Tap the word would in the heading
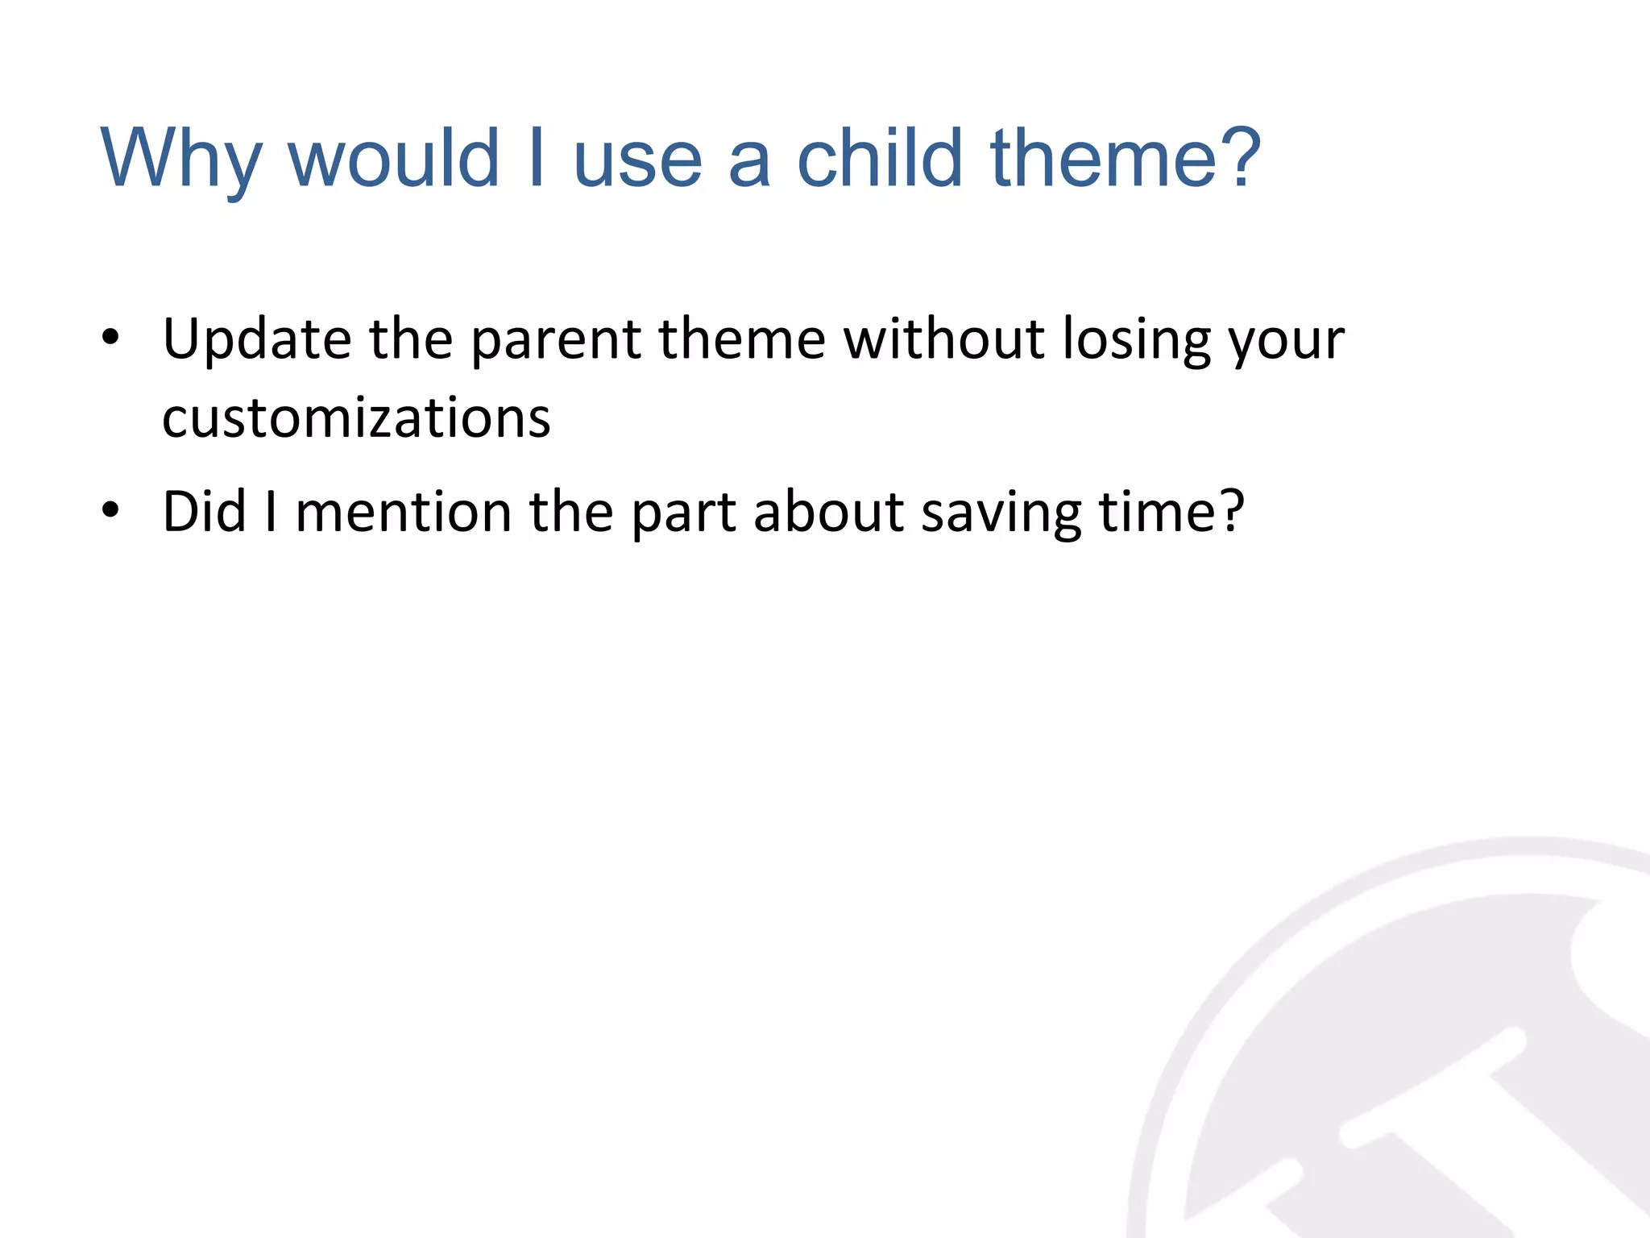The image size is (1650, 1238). (x=394, y=159)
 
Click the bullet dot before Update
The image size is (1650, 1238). (x=110, y=339)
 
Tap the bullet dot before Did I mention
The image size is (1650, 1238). (x=110, y=511)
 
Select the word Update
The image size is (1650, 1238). (x=256, y=339)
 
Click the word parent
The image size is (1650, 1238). (x=556, y=339)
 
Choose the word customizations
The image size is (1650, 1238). (x=356, y=419)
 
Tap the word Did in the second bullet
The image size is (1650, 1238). (x=204, y=511)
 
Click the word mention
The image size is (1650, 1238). (x=403, y=511)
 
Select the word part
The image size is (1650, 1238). (x=683, y=511)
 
